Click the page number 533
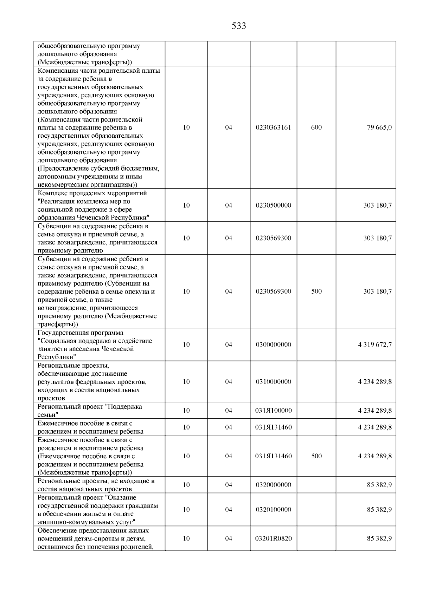[x=239, y=26]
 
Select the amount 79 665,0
[x=379, y=127]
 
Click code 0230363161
[x=273, y=127]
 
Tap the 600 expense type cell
[x=316, y=127]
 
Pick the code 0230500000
[x=273, y=205]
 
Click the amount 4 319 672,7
[x=375, y=345]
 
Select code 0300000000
[x=273, y=345]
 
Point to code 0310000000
[x=273, y=381]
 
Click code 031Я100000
[x=273, y=411]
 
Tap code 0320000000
[x=273, y=485]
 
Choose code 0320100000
[x=273, y=510]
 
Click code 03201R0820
[x=273, y=538]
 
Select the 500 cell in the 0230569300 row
[x=316, y=292]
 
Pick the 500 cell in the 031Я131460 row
[x=316, y=456]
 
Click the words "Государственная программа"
[x=81, y=333]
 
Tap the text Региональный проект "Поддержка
[x=90, y=407]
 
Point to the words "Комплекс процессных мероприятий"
[x=92, y=193]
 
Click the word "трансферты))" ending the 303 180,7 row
[x=58, y=324]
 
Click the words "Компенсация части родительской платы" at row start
[x=98, y=71]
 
